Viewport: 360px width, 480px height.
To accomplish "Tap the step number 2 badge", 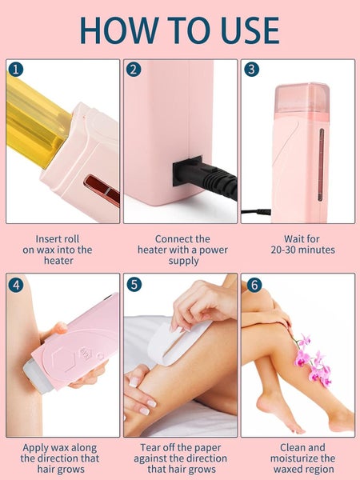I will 134,70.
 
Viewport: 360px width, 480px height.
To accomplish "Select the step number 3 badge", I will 252,70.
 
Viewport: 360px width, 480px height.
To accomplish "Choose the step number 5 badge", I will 134,284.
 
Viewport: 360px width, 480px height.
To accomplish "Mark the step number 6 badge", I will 252,284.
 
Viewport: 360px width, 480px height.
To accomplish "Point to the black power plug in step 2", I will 192,172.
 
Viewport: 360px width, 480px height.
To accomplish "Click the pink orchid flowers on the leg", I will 312,360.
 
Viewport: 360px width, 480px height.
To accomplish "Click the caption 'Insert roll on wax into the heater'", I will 63,250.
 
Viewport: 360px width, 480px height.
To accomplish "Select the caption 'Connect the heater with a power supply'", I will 181,250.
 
